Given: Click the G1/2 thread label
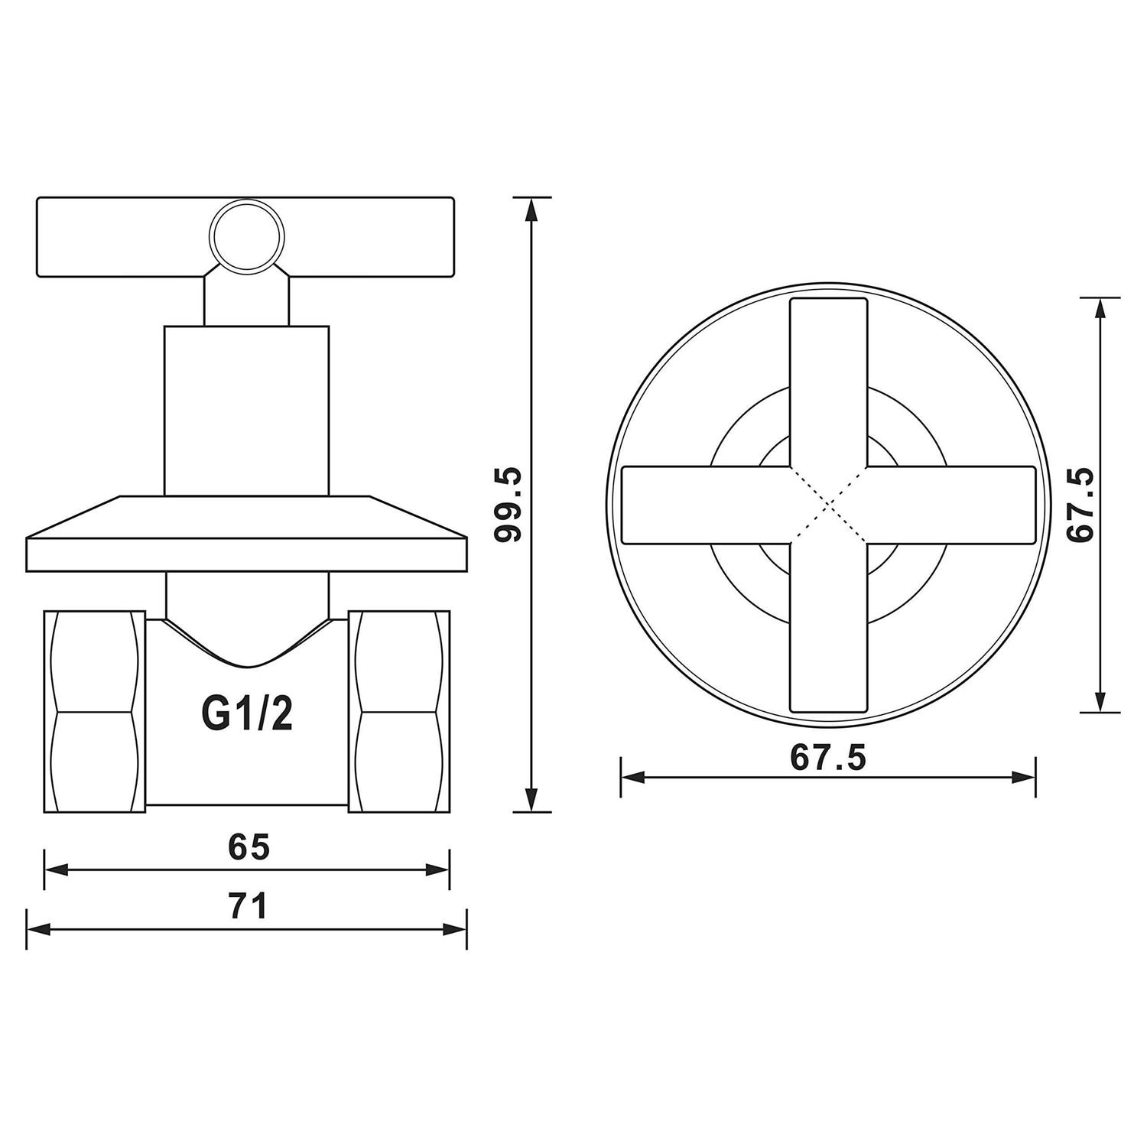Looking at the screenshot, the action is point(247,713).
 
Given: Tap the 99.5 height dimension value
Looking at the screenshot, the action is point(507,505).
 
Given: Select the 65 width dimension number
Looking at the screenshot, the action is point(249,847).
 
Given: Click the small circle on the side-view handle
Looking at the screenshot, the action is point(246,235).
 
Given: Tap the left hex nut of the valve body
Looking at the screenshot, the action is point(95,712).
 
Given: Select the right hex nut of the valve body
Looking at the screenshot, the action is point(399,712).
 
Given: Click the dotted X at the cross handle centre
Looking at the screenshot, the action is point(829,505).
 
